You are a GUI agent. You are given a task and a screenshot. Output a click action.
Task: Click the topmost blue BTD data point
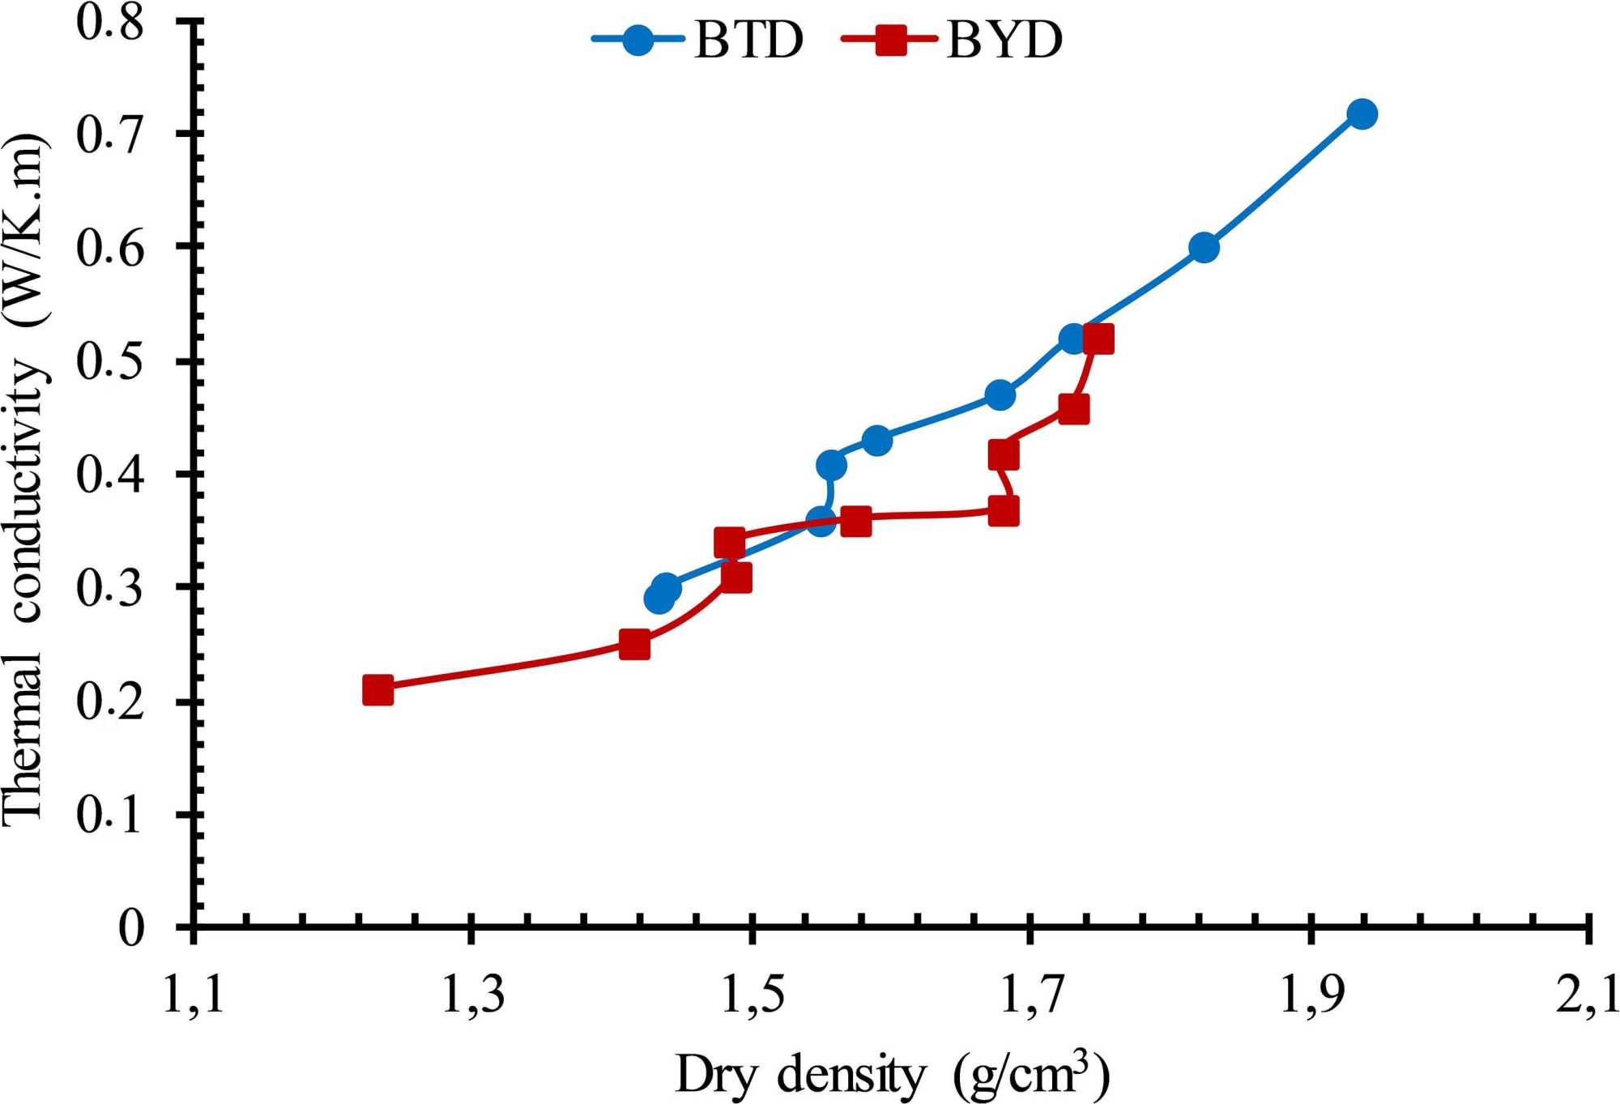coord(1362,114)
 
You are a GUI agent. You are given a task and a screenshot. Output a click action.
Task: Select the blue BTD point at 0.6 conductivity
coord(1204,248)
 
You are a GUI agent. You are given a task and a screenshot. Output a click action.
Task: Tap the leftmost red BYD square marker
coord(378,690)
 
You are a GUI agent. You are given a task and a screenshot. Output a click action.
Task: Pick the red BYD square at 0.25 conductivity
coord(634,645)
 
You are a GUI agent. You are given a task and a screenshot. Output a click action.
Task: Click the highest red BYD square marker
coord(1098,339)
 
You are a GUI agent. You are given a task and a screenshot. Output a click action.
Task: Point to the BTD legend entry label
coord(748,40)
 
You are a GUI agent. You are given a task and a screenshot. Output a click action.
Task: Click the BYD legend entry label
coord(1004,40)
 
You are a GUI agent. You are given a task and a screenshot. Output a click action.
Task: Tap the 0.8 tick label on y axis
coord(110,22)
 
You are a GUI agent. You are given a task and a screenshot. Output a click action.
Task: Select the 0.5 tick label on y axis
coord(110,360)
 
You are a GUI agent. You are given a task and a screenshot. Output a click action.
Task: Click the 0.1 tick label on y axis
coord(110,814)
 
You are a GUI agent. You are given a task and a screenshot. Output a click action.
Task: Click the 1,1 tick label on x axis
coord(194,995)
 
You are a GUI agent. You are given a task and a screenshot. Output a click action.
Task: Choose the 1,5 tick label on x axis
coord(752,995)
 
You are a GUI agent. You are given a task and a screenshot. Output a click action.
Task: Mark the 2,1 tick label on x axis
coord(1588,995)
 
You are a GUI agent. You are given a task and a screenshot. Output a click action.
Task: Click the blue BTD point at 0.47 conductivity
coord(1000,395)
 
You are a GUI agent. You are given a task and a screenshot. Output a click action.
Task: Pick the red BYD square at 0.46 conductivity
coord(1074,409)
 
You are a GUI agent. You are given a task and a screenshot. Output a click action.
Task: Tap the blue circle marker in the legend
coord(638,40)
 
